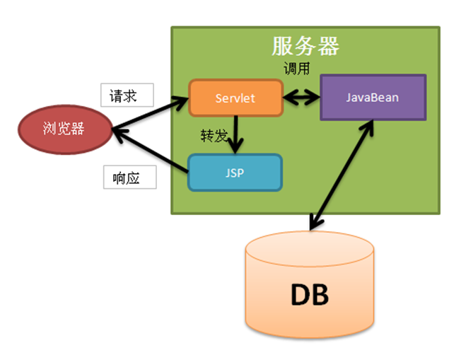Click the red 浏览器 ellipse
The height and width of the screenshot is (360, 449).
click(x=63, y=129)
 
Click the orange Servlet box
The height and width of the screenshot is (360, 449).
click(x=235, y=98)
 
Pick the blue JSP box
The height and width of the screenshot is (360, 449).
click(x=234, y=173)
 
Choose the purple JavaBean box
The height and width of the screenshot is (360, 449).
click(x=372, y=97)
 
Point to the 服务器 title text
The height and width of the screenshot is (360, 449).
click(x=305, y=46)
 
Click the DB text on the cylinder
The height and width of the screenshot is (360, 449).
click(x=310, y=294)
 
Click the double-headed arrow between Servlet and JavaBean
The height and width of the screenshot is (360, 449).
click(x=302, y=98)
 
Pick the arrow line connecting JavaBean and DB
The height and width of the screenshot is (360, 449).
click(x=342, y=174)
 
